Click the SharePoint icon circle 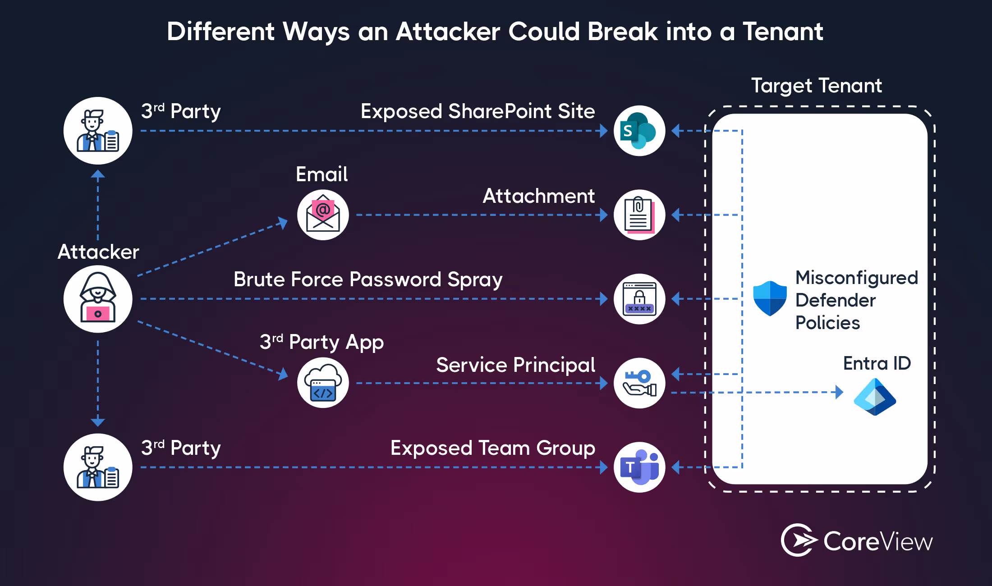pos(639,131)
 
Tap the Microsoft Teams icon pos(639,467)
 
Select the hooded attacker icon pos(98,299)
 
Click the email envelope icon pos(323,215)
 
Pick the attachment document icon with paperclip pos(639,215)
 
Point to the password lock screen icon pos(639,299)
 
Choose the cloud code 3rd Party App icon pos(323,383)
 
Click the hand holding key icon pos(639,383)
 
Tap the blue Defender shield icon pos(770,298)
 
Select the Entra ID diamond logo pos(875,397)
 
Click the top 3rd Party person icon pos(98,131)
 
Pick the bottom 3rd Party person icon pos(98,467)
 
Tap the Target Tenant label pos(816,86)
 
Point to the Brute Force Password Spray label pos(367,279)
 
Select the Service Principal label pos(515,365)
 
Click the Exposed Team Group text pos(492,448)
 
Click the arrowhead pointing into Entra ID pos(839,392)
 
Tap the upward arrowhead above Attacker pos(98,174)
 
